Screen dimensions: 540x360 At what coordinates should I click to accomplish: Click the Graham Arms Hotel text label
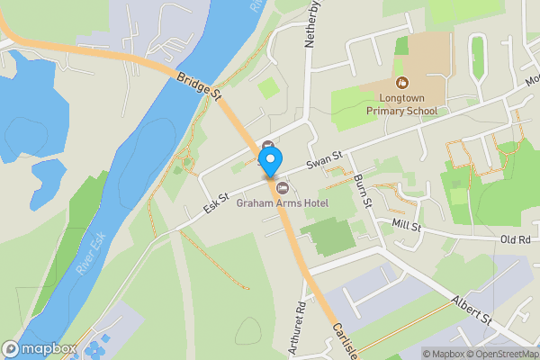tap(283, 202)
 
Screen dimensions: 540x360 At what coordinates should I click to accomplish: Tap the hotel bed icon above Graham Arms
tap(283, 187)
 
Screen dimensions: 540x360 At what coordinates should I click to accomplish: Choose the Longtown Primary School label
tap(402, 104)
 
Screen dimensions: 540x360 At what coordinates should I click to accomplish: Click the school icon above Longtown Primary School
tap(402, 84)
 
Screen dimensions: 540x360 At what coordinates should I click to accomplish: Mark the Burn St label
tap(362, 190)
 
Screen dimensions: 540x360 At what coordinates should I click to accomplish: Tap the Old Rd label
tap(516, 240)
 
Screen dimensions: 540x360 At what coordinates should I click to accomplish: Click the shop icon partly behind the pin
tap(268, 144)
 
